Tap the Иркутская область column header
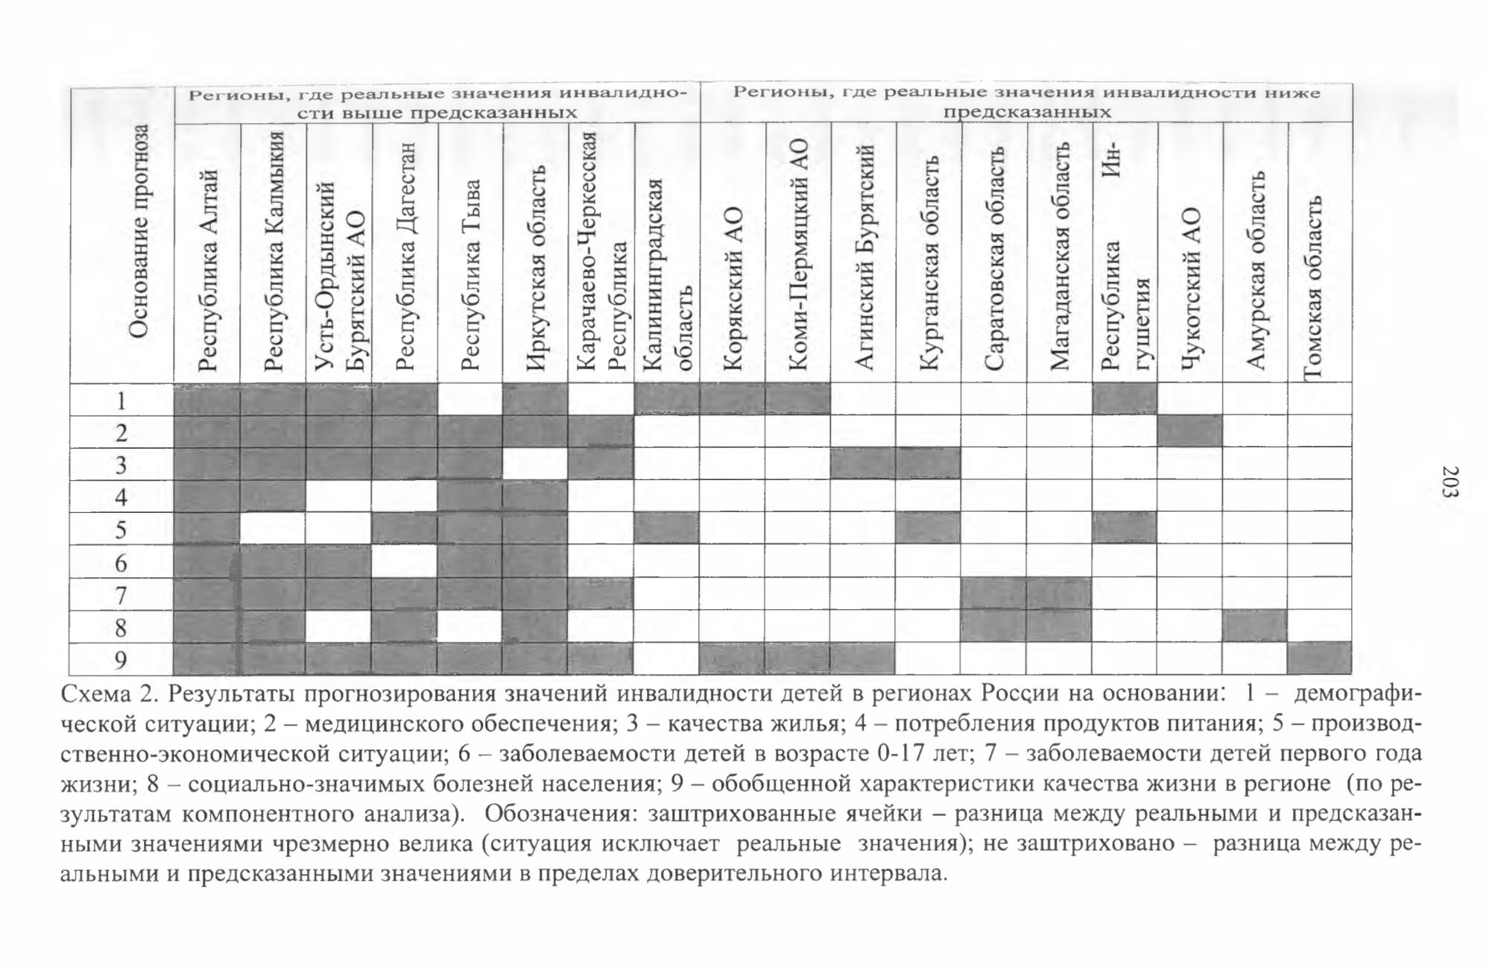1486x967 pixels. tap(536, 268)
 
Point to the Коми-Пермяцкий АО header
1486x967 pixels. tap(798, 253)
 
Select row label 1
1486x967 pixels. tap(121, 400)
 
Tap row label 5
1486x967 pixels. tap(121, 529)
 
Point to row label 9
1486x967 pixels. tap(121, 660)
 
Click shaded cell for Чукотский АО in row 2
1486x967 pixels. tap(1190, 431)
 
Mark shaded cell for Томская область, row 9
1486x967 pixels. tap(1320, 658)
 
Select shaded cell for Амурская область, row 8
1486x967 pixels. tap(1255, 626)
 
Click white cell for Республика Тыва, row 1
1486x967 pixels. tap(470, 400)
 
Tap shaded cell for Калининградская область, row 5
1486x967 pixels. tap(667, 528)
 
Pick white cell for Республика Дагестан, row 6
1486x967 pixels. tap(405, 561)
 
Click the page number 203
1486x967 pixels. tap(1449, 482)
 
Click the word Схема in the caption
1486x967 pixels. tap(95, 694)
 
